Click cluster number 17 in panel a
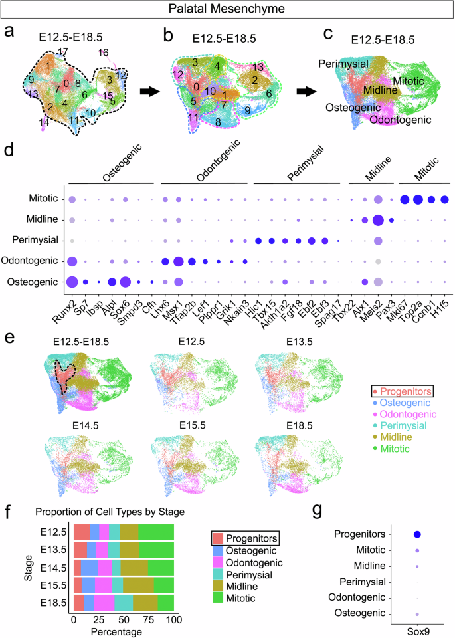63,52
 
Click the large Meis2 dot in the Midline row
378,219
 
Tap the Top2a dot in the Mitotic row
418,199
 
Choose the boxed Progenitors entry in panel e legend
393,390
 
